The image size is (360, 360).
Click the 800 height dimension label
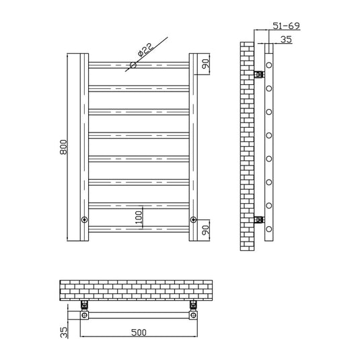63,147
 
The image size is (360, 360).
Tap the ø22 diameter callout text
145,50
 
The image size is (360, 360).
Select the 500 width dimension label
139,332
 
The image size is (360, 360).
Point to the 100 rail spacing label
139,217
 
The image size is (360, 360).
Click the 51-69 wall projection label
286,26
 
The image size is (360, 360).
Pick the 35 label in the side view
286,40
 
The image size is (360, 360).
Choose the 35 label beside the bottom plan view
64,332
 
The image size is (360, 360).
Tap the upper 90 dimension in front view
206,64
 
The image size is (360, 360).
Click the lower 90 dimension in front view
206,229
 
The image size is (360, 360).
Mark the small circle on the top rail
133,65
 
